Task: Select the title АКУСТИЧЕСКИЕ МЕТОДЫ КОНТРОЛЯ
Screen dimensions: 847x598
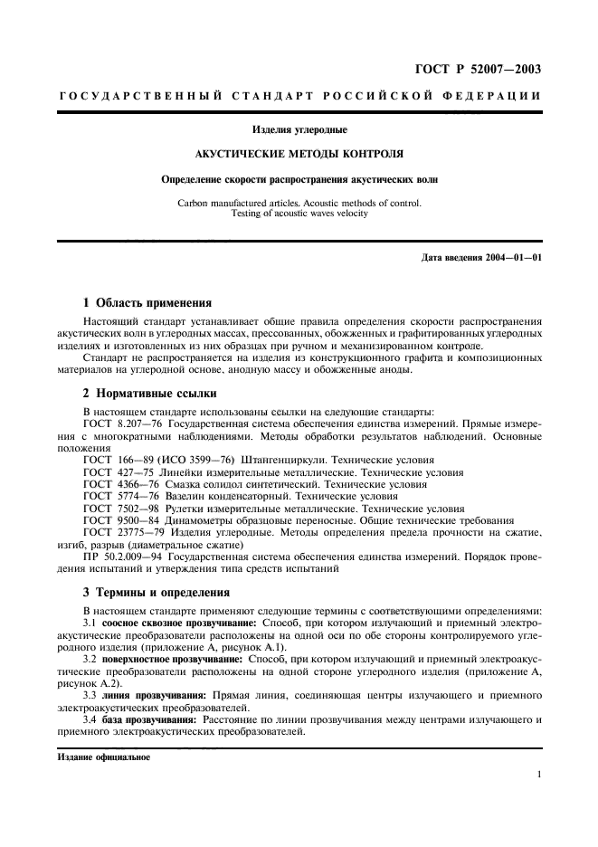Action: tap(299, 154)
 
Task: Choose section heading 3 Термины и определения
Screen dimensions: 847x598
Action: tap(156, 593)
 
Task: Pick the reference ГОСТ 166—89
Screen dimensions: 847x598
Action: tap(116, 461)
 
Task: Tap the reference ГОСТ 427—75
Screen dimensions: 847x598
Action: tap(116, 472)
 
